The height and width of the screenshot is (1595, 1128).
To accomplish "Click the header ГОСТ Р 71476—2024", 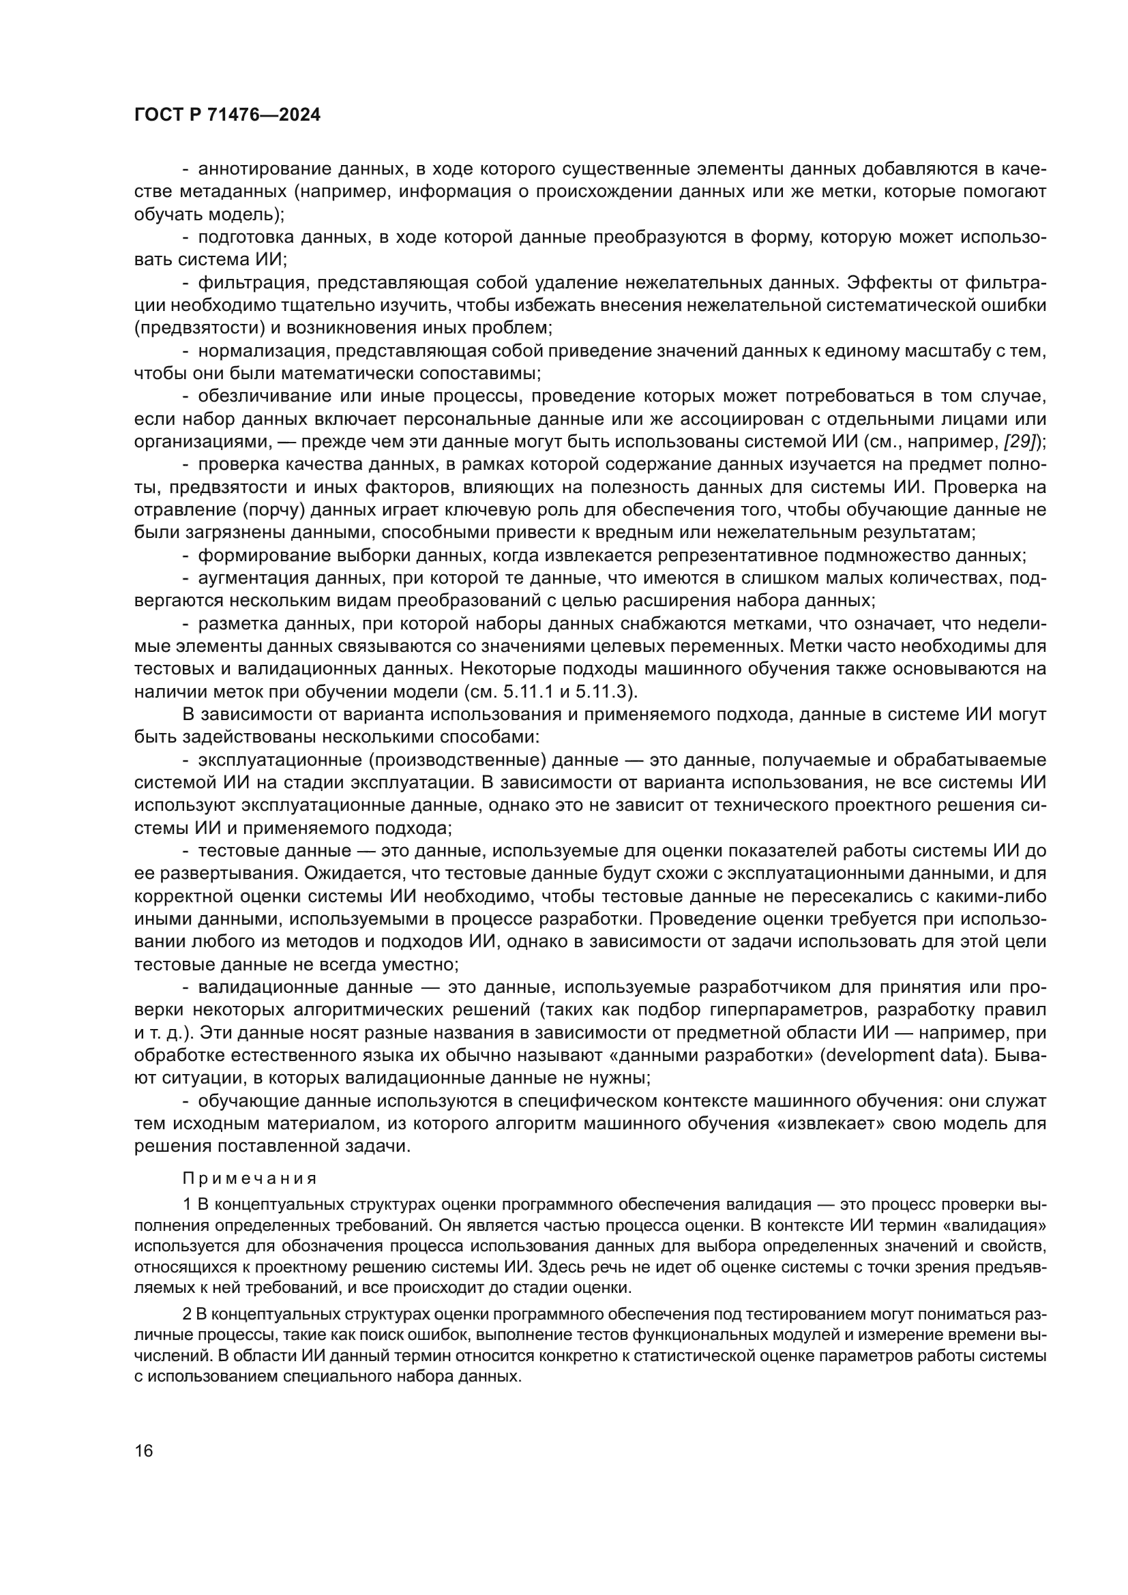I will click(x=227, y=115).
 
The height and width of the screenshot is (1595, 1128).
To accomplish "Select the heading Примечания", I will click(x=250, y=1178).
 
